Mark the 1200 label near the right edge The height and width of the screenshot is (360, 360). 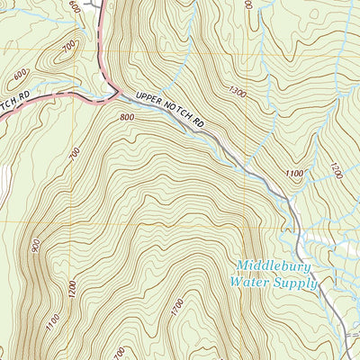click(335, 167)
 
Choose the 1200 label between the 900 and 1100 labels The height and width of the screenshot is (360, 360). click(72, 288)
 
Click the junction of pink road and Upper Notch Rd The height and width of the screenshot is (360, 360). click(114, 93)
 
